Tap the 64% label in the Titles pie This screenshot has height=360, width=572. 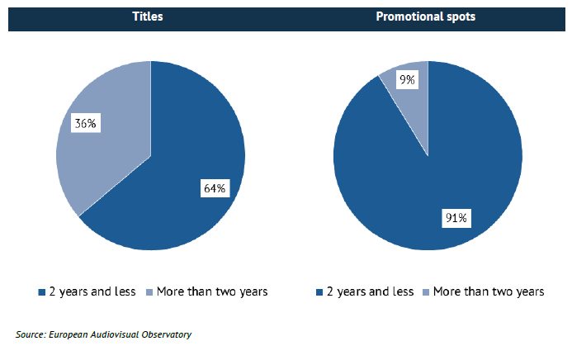pos(215,188)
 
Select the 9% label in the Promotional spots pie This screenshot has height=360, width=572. pos(407,80)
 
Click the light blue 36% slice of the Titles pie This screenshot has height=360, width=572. pos(99,157)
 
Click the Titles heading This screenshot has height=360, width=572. pos(149,17)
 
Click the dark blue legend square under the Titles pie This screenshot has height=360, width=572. pos(41,292)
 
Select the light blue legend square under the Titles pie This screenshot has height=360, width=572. pos(149,292)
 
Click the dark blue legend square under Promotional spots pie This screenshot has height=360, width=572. pos(319,292)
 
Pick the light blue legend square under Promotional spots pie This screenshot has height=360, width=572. pos(427,292)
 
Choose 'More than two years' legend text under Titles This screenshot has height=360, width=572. pos(212,291)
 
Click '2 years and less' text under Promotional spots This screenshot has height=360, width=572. pos(370,291)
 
